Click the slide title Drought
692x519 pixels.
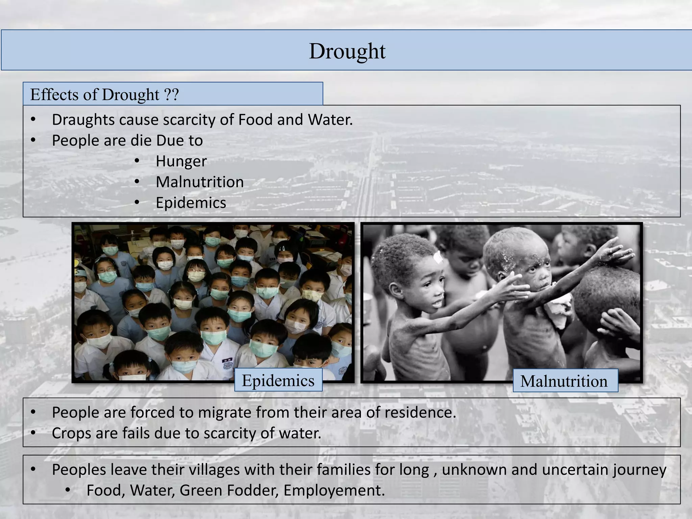347,51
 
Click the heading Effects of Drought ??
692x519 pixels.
104,95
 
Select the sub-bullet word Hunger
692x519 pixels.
181,162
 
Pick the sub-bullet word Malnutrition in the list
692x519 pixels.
200,182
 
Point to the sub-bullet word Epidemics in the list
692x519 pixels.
191,203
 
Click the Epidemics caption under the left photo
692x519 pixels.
278,381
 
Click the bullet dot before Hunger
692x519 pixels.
137,161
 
